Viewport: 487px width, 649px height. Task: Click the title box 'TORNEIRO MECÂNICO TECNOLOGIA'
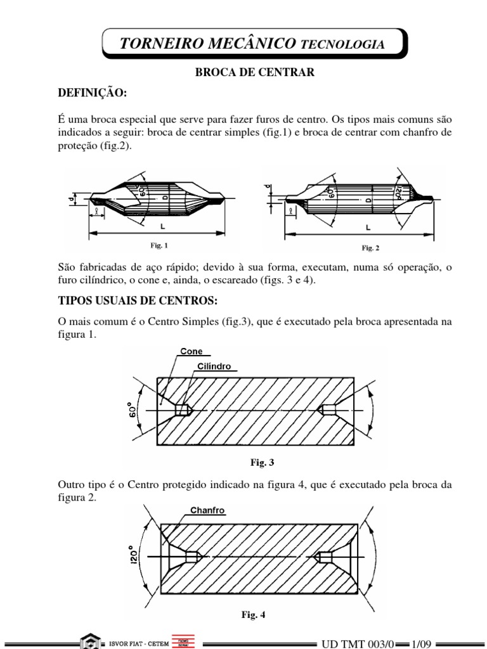pyautogui.click(x=252, y=44)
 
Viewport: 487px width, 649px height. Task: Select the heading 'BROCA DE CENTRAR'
pyautogui.click(x=254, y=73)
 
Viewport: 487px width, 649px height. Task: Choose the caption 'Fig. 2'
pyautogui.click(x=370, y=248)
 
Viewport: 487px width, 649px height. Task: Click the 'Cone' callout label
pyautogui.click(x=191, y=352)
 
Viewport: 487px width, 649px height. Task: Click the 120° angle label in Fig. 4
pyautogui.click(x=133, y=557)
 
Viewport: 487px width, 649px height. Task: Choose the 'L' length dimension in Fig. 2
pyautogui.click(x=368, y=227)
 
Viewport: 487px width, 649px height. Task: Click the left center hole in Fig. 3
pyautogui.click(x=184, y=410)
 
